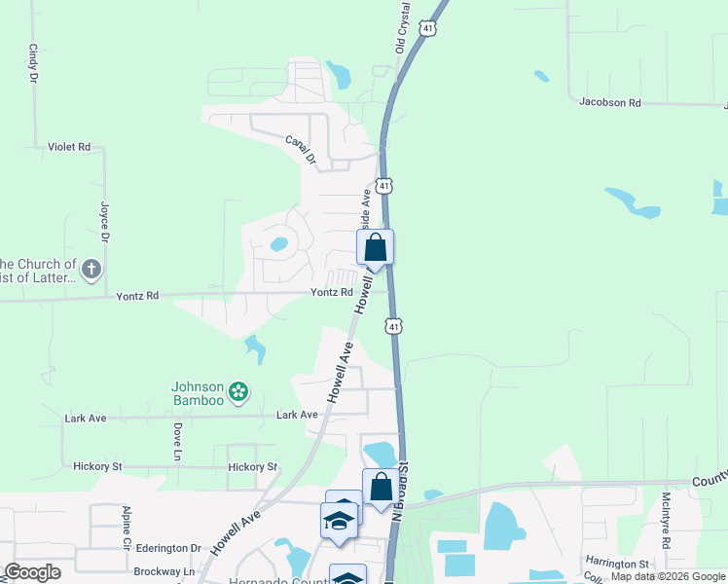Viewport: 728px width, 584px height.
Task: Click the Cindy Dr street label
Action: pos(33,61)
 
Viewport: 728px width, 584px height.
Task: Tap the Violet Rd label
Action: pos(68,147)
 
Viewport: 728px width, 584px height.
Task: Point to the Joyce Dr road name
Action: pos(104,223)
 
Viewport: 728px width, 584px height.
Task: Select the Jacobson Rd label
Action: pos(610,101)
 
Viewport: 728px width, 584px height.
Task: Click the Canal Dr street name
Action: pos(303,148)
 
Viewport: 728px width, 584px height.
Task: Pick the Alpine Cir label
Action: pos(127,527)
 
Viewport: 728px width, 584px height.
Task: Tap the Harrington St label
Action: pos(616,564)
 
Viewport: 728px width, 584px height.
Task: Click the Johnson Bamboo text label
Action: pos(199,392)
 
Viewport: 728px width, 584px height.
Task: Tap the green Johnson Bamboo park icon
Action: pos(238,393)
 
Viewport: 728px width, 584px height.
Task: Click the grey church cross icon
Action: pos(91,270)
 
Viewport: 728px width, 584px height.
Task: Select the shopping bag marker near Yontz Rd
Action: pos(376,248)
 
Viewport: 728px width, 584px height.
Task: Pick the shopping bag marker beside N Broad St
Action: pos(381,488)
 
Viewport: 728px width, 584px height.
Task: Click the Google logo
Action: pos(33,572)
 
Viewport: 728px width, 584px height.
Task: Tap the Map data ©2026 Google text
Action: pos(668,577)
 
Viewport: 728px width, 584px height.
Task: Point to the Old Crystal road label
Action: pos(401,26)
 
